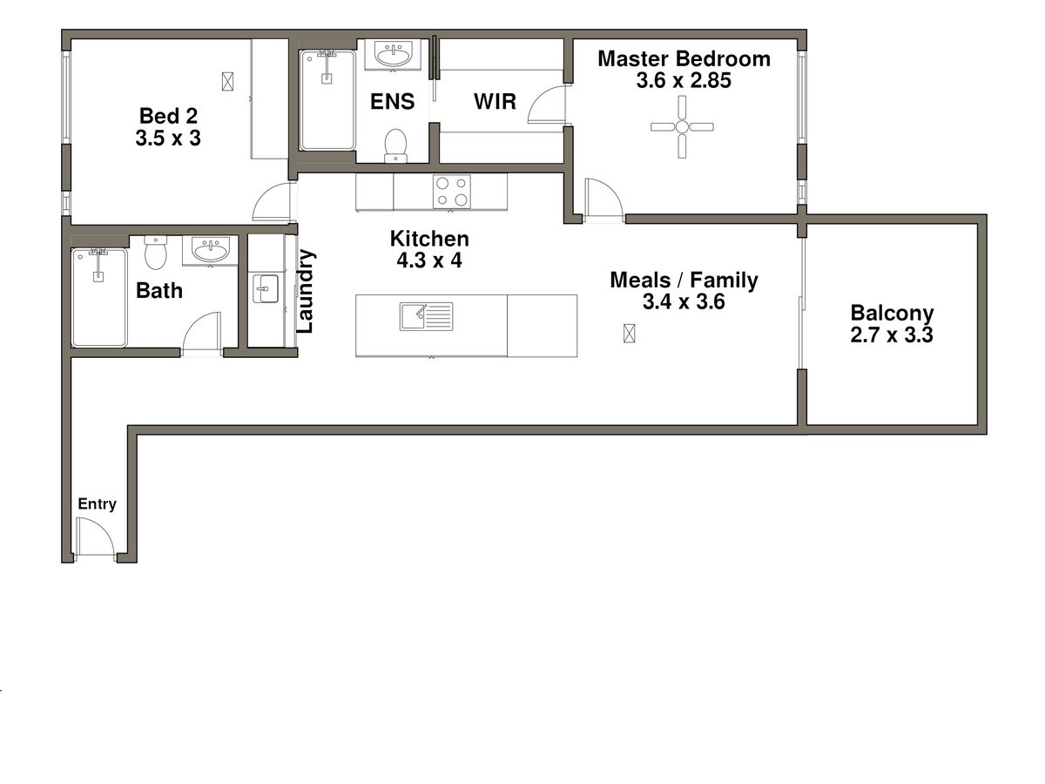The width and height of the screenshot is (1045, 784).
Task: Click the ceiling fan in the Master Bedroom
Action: pyautogui.click(x=682, y=127)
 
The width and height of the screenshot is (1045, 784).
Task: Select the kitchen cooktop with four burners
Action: pyautogui.click(x=452, y=192)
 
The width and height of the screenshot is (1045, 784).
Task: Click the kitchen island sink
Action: pyautogui.click(x=427, y=316)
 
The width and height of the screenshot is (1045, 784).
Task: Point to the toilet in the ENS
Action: pyautogui.click(x=396, y=145)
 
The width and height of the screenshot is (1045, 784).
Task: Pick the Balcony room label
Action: pyautogui.click(x=892, y=313)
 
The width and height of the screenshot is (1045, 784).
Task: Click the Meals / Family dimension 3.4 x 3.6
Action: pyautogui.click(x=684, y=302)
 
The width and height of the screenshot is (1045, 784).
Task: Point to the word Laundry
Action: pyautogui.click(x=306, y=292)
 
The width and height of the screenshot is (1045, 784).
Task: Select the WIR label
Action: pyautogui.click(x=495, y=102)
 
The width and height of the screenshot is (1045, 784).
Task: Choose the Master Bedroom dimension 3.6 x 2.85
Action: pyautogui.click(x=683, y=81)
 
